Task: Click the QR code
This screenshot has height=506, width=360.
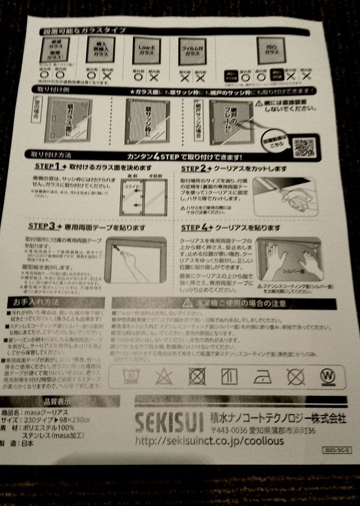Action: click(304, 148)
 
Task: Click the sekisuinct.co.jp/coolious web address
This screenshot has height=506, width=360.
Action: click(210, 441)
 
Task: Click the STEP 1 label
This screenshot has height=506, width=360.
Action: click(47, 166)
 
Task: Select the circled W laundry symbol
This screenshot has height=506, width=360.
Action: click(327, 376)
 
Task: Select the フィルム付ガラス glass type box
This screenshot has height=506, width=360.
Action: click(192, 51)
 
